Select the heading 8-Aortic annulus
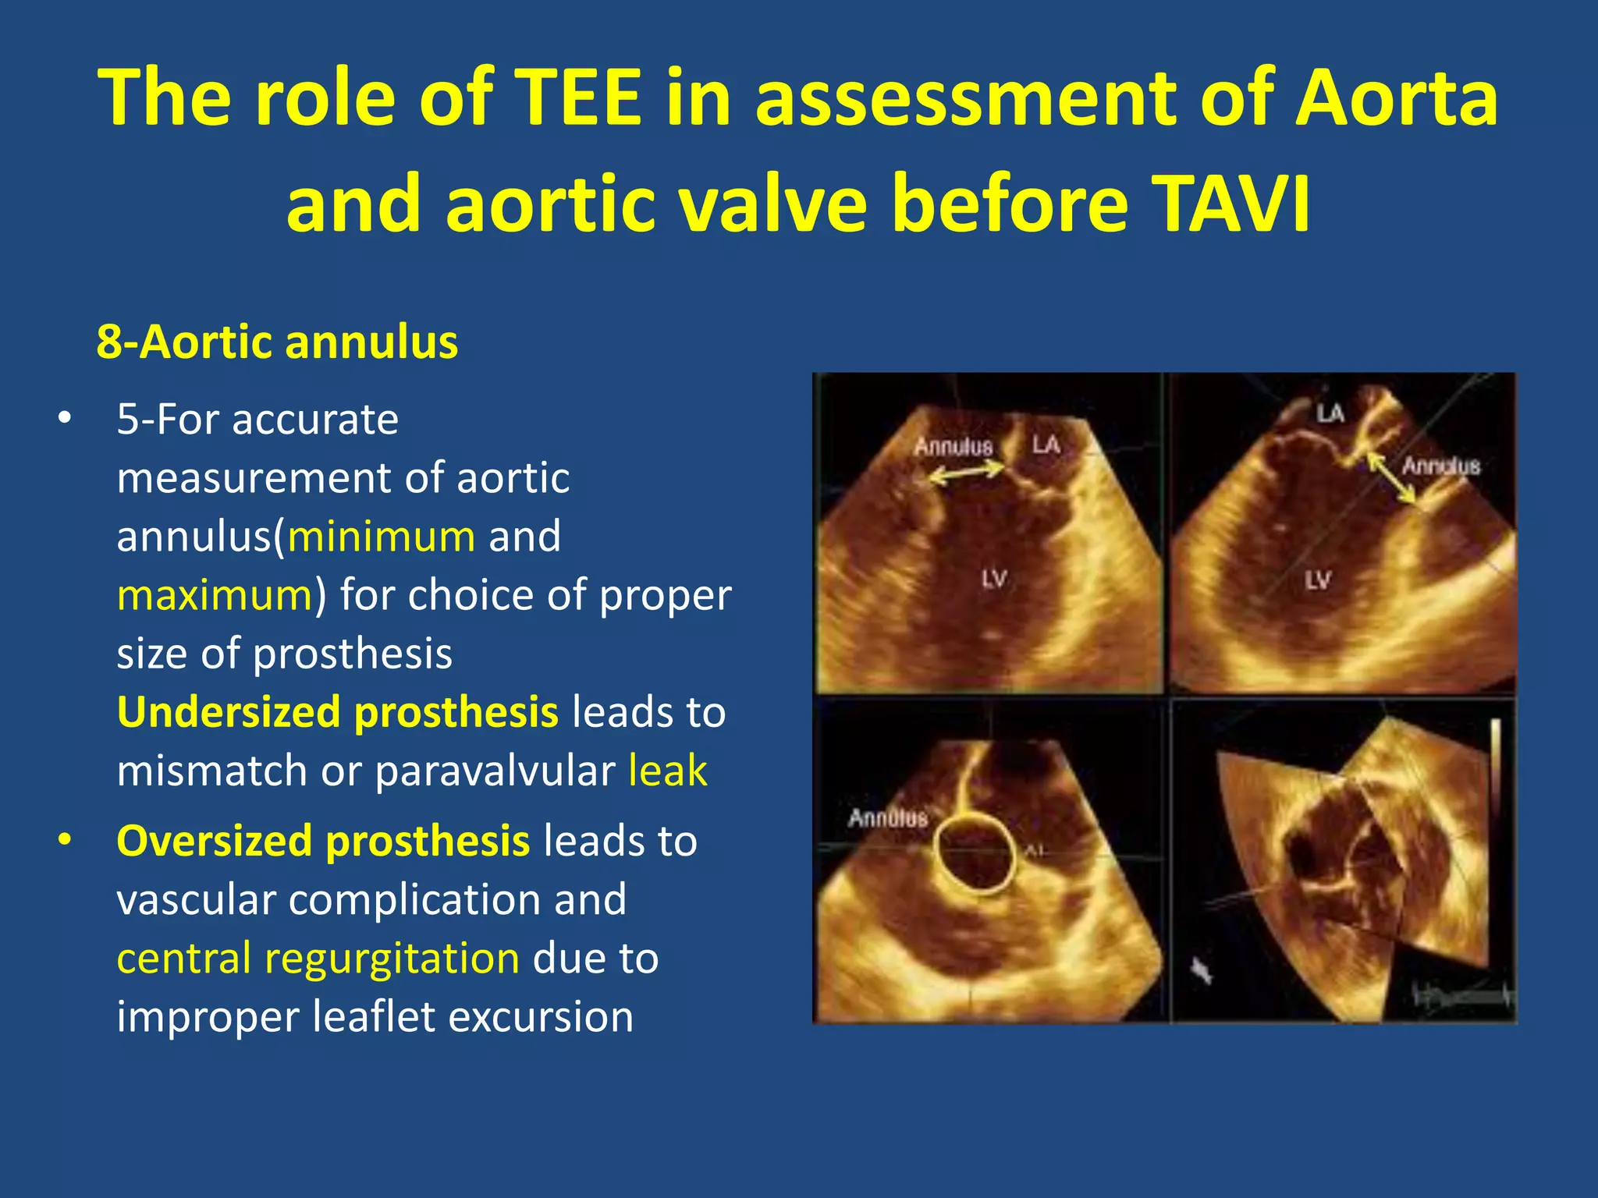tap(277, 342)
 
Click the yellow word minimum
tap(382, 537)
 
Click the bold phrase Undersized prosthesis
tap(337, 712)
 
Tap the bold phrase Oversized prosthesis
tap(323, 841)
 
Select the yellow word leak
tap(668, 771)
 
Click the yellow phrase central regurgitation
tap(318, 958)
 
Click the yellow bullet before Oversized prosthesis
tap(65, 840)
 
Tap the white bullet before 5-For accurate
tap(65, 419)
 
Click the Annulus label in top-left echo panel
tap(953, 447)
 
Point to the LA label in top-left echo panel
tap(1046, 445)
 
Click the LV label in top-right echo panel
tap(1317, 580)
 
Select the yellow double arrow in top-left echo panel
tap(967, 472)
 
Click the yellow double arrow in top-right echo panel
tap(1391, 478)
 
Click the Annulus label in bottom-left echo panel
tap(887, 818)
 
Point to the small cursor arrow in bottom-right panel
tap(1202, 971)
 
